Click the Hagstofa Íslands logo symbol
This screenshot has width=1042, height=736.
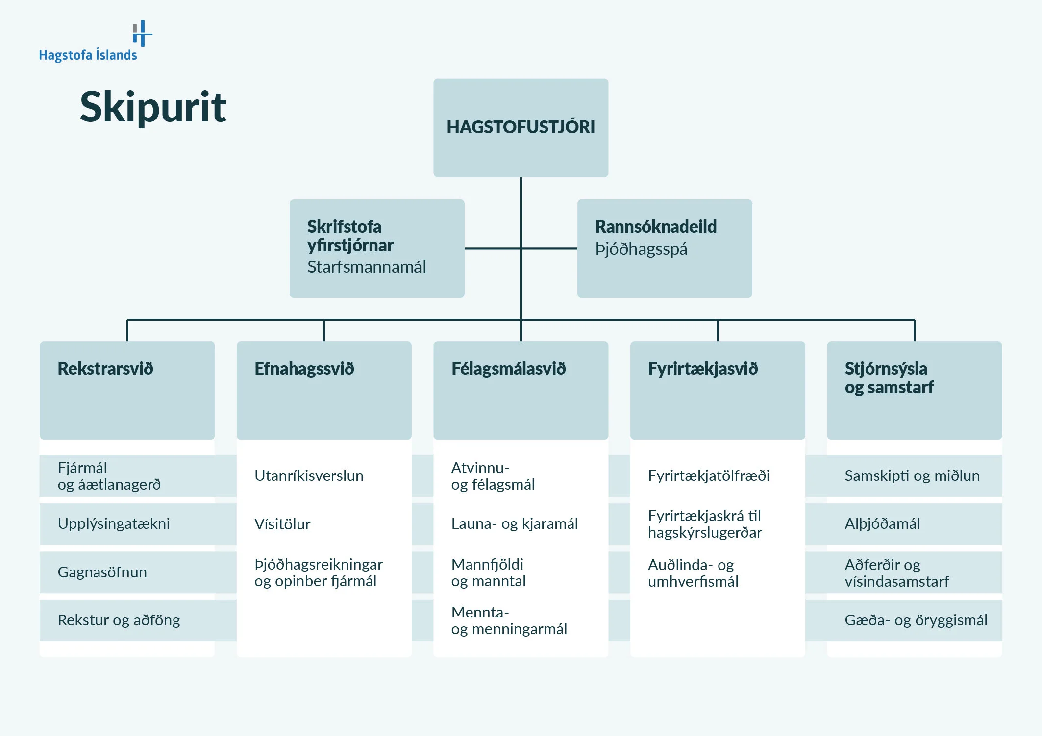tap(142, 33)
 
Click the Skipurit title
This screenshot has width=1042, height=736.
tap(153, 107)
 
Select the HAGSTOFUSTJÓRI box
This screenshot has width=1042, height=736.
tap(521, 127)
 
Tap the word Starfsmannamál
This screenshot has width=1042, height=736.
tap(366, 267)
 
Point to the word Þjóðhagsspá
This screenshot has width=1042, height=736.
tap(641, 249)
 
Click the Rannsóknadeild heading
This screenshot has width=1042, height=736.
tap(656, 227)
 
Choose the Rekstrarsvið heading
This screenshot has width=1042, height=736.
tap(105, 369)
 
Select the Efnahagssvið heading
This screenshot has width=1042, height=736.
tap(304, 369)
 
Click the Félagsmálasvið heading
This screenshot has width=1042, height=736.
tap(508, 369)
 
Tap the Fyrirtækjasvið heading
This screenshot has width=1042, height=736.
tap(702, 369)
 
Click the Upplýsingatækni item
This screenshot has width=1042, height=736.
tap(114, 523)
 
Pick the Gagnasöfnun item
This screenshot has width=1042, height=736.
tap(102, 572)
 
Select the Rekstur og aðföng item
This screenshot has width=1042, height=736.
tap(119, 620)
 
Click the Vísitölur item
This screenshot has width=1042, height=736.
tap(282, 524)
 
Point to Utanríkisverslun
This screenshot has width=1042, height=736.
tap(309, 475)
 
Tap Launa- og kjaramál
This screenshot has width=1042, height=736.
tap(514, 523)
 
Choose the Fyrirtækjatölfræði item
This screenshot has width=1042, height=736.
tap(709, 475)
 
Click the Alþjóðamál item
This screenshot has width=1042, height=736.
tap(882, 523)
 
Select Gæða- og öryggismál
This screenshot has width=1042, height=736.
tap(916, 620)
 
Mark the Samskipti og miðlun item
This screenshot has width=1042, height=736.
tap(912, 475)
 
